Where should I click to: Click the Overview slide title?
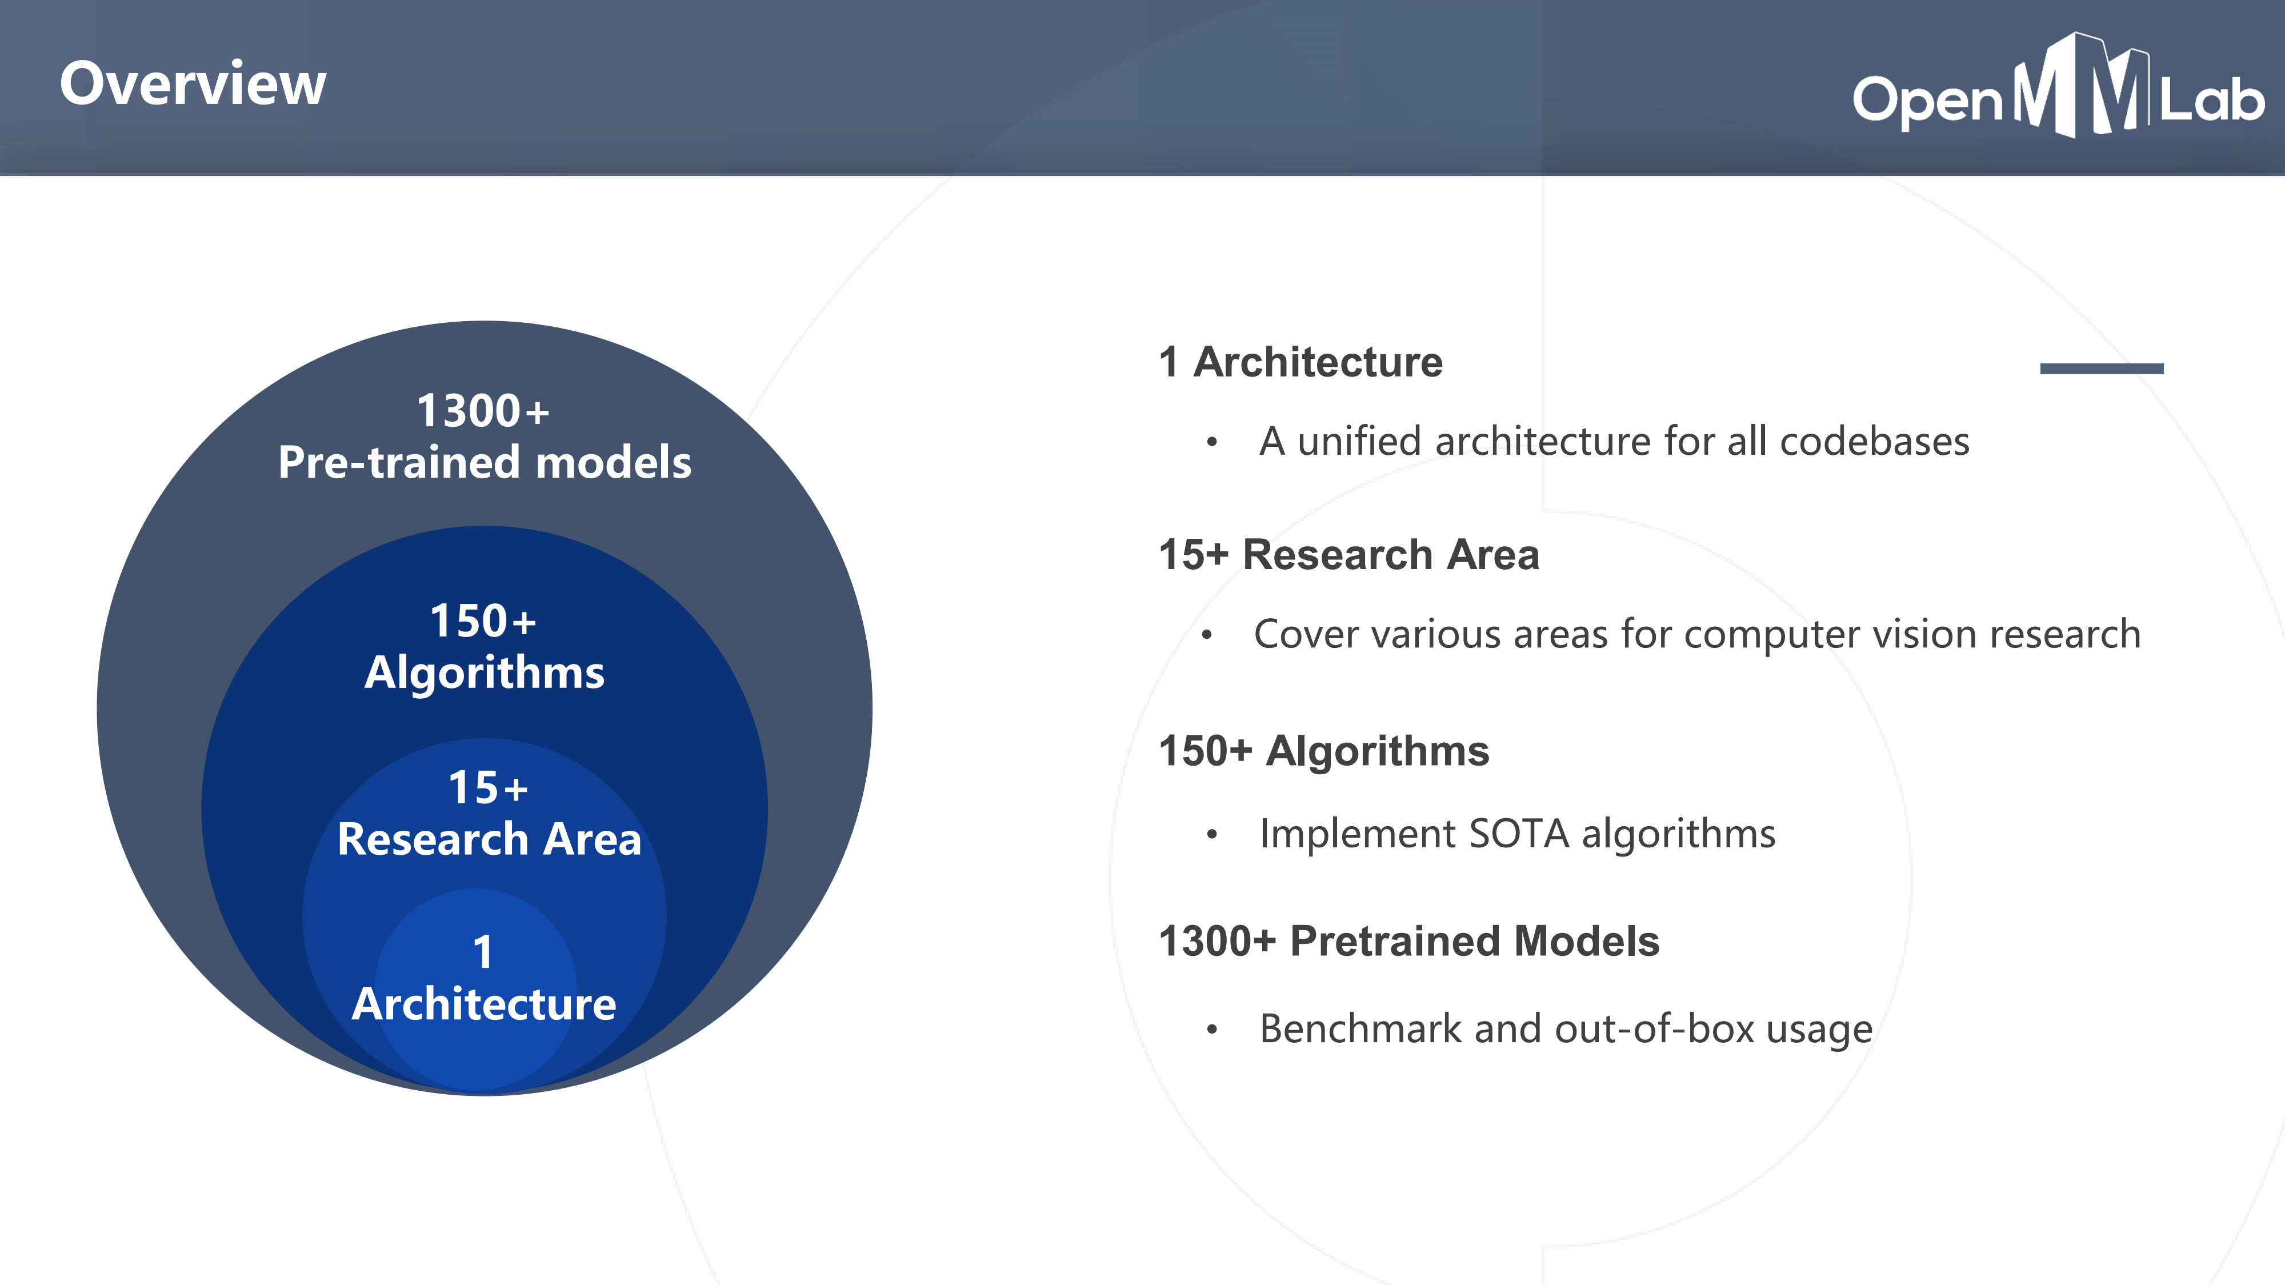click(193, 84)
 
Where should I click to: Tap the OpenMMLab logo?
click(2058, 87)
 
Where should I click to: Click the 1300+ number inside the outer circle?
click(483, 411)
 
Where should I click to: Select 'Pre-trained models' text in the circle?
click(485, 463)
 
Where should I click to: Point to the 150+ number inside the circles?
click(483, 621)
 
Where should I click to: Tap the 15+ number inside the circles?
click(488, 787)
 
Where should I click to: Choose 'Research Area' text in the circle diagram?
click(489, 839)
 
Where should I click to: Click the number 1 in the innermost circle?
click(483, 952)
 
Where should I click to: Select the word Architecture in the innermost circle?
click(483, 1004)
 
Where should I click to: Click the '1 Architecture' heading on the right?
click(1300, 362)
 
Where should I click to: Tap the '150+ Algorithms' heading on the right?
click(1323, 751)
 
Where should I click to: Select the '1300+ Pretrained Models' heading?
click(1408, 941)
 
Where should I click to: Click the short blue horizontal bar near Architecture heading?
click(2102, 368)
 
